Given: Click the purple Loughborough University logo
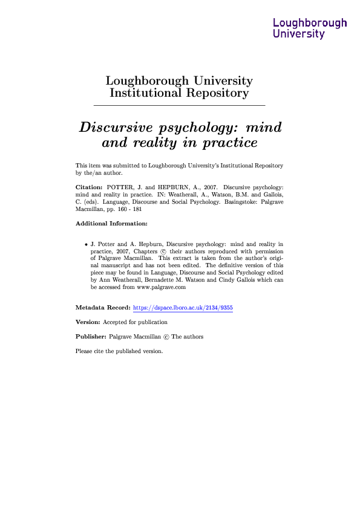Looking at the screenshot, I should [x=310, y=28].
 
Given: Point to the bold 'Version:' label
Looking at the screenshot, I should [x=88, y=322].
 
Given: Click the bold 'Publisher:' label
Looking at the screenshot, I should [x=91, y=337].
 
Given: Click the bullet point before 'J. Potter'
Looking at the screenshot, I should [x=85, y=243].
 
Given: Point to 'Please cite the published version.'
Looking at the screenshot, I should [x=119, y=351].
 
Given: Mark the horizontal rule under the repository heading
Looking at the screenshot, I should [x=180, y=106].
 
